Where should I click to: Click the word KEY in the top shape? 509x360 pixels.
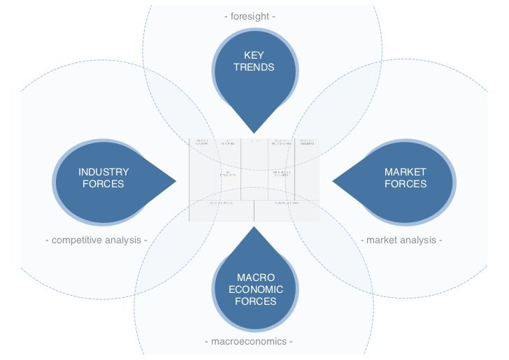point(254,56)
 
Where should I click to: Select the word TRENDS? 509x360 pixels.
point(254,68)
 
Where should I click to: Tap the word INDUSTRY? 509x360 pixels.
point(103,172)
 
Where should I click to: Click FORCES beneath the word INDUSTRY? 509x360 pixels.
point(103,184)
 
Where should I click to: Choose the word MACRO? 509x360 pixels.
point(255,278)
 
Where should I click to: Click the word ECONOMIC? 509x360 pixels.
point(255,289)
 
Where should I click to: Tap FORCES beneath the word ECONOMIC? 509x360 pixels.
point(255,301)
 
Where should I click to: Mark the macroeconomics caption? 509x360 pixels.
point(248,342)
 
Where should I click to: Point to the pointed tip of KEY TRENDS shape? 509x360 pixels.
point(254,131)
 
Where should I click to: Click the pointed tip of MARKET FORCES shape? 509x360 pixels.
point(334,182)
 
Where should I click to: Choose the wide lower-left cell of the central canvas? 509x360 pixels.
point(221,210)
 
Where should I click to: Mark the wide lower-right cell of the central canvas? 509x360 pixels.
point(287,210)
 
